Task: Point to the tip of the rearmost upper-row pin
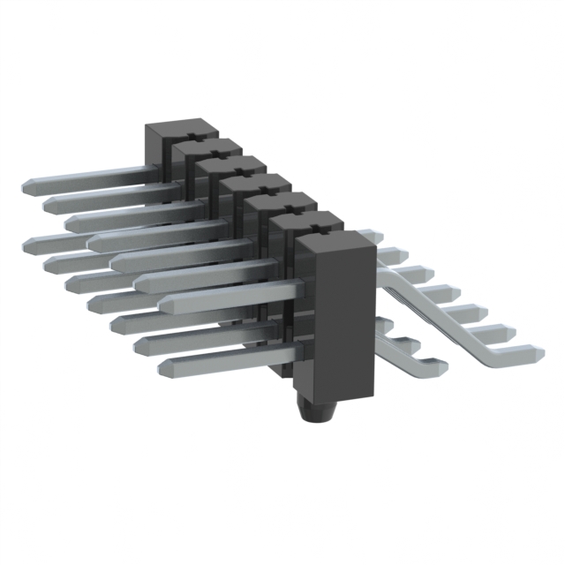pyautogui.click(x=26, y=186)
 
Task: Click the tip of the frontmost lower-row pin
pyautogui.click(x=164, y=365)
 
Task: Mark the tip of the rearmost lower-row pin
pyautogui.click(x=26, y=240)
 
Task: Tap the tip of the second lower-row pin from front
pyautogui.click(x=141, y=344)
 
